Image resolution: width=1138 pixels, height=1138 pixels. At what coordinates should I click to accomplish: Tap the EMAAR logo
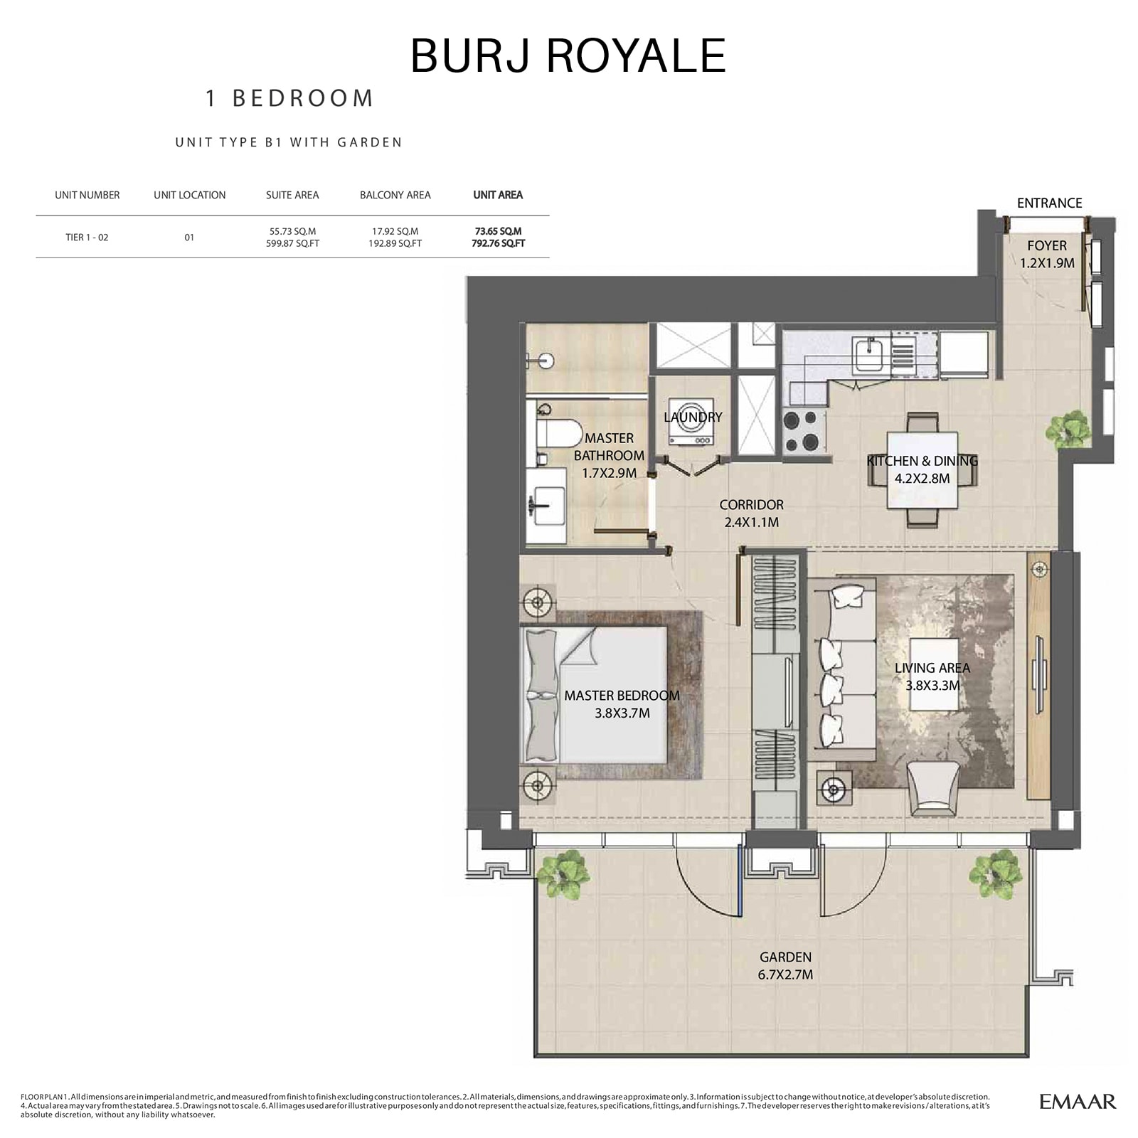pos(1078,1102)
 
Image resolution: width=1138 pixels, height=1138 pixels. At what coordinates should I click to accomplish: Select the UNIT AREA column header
pos(498,195)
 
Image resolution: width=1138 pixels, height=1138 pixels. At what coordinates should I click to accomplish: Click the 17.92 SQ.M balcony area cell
pos(395,231)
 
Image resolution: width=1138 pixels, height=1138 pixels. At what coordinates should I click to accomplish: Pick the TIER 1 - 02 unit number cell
pos(87,237)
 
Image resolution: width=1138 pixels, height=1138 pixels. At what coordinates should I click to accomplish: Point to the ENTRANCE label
pos(1049,203)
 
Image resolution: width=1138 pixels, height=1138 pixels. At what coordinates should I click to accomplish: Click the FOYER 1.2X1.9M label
pos(1046,254)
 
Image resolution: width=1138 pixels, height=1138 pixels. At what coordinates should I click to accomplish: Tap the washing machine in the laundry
pos(691,428)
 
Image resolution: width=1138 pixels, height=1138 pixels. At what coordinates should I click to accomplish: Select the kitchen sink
pos(868,353)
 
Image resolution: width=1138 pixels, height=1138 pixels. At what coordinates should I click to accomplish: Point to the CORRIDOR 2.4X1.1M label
pos(751,513)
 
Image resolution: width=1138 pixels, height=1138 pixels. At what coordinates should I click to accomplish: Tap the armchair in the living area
pos(934,788)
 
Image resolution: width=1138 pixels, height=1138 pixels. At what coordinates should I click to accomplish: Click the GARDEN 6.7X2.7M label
pos(785,966)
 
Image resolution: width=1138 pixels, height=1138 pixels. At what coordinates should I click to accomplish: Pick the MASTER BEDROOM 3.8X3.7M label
pos(622,704)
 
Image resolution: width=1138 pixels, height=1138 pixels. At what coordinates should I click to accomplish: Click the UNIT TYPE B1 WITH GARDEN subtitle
pos(289,142)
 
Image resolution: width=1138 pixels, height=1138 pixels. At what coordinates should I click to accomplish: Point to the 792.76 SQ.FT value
pos(498,243)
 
